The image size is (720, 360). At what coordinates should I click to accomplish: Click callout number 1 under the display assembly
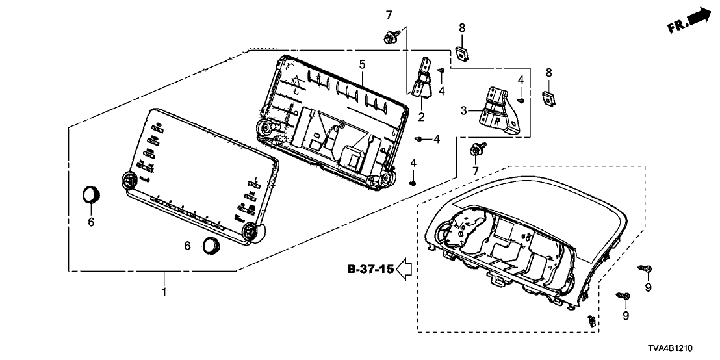164,293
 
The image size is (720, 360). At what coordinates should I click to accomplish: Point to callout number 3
482,111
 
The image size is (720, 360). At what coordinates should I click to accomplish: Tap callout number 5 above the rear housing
363,64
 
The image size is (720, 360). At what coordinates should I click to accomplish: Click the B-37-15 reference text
370,269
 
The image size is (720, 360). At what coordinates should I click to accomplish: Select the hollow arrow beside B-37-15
406,269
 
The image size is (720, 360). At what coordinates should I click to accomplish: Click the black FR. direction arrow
699,17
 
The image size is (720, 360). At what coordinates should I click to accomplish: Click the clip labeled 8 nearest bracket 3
548,97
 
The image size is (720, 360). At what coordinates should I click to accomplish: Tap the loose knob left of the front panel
91,194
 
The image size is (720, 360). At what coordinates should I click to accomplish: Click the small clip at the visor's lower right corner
591,320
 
